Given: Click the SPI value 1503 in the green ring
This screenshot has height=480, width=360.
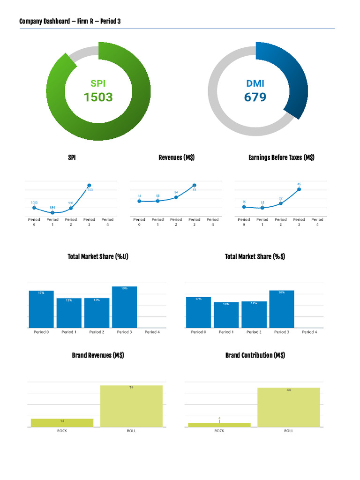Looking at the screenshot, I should pyautogui.click(x=98, y=97).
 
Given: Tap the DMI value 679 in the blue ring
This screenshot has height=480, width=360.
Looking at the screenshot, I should pyautogui.click(x=255, y=97).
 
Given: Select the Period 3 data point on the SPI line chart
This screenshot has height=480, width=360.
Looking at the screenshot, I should pyautogui.click(x=89, y=186).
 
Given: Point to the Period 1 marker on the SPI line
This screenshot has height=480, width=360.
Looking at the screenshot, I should pyautogui.click(x=52, y=212).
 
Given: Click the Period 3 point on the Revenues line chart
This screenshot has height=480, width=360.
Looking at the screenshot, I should pyautogui.click(x=194, y=186).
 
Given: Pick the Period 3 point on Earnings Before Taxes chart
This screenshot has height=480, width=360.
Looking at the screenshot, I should pyautogui.click(x=299, y=189).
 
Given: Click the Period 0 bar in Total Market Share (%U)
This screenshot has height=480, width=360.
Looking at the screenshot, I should pyautogui.click(x=41, y=309).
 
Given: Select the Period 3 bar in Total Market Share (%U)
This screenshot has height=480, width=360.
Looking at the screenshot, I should pyautogui.click(x=124, y=307).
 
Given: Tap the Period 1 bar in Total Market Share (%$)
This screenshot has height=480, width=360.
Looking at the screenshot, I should pyautogui.click(x=226, y=315).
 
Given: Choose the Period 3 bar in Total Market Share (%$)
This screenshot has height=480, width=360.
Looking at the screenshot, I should pyautogui.click(x=281, y=309).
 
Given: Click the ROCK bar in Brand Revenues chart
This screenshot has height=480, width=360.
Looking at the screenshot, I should pyautogui.click(x=62, y=422).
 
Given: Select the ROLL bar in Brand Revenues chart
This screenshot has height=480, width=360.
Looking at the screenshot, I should pyautogui.click(x=131, y=406).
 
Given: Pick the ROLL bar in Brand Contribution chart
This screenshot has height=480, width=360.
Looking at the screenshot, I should pyautogui.click(x=288, y=407).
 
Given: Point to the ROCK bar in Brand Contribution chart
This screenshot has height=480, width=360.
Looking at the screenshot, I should pyautogui.click(x=219, y=425).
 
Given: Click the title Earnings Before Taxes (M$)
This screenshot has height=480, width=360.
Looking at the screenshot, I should pyautogui.click(x=281, y=157).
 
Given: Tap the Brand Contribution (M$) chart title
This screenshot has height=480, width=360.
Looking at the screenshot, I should pyautogui.click(x=255, y=355).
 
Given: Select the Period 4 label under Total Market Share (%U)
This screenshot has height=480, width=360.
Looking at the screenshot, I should pyautogui.click(x=152, y=332).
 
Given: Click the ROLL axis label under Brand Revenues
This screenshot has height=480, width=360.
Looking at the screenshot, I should pyautogui.click(x=131, y=431).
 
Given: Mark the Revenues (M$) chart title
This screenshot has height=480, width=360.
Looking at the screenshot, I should pyautogui.click(x=176, y=157).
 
